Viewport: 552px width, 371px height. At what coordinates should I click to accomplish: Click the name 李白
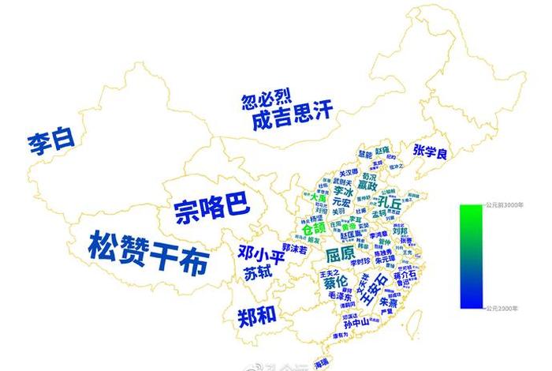[x=51, y=143]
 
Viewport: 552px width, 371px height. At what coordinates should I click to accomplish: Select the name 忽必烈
[x=267, y=99]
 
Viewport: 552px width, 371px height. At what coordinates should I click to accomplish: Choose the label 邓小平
[x=259, y=253]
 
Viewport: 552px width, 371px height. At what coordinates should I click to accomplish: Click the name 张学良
[x=430, y=152]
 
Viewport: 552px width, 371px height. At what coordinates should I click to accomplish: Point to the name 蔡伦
[x=334, y=282]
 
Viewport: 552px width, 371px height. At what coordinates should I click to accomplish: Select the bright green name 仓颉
[x=308, y=227]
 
